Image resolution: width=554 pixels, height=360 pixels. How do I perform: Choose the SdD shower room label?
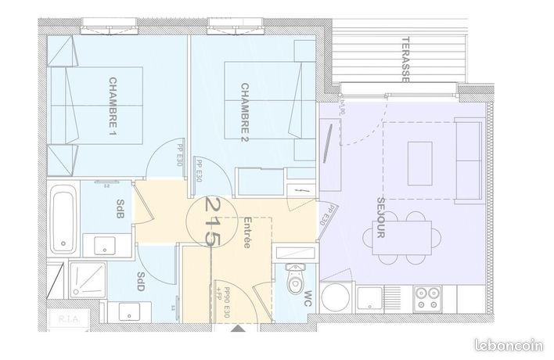(141, 281)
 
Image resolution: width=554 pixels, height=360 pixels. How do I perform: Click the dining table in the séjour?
(400, 237)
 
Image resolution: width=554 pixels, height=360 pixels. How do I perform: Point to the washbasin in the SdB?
(103, 246)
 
